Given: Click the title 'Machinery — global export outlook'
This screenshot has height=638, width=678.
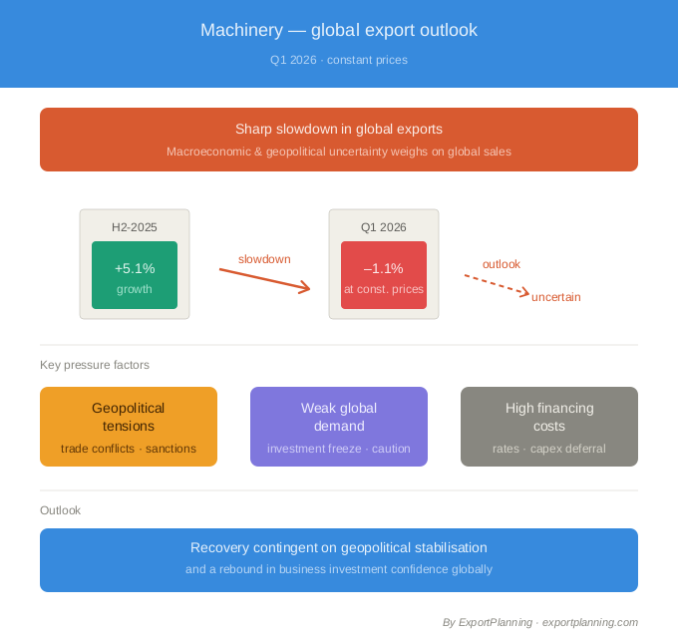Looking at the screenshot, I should pyautogui.click(x=339, y=30).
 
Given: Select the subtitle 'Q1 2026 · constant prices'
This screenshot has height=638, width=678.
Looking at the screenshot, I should pyautogui.click(x=339, y=60).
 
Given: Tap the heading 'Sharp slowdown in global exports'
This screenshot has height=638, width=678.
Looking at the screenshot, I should pyautogui.click(x=339, y=129).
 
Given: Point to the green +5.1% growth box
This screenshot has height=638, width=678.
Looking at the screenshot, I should pyautogui.click(x=135, y=275).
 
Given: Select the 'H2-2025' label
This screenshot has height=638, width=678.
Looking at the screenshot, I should pyautogui.click(x=135, y=227).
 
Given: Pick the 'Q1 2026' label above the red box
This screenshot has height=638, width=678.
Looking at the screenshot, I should pyautogui.click(x=384, y=227).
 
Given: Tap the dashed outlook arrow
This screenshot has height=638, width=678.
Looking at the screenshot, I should pyautogui.click(x=497, y=283).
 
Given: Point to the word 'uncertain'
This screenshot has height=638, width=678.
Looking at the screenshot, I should pyautogui.click(x=555, y=297).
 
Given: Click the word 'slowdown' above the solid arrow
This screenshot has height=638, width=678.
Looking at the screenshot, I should pyautogui.click(x=264, y=259).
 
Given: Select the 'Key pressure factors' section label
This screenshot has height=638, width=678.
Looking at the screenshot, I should pyautogui.click(x=95, y=365).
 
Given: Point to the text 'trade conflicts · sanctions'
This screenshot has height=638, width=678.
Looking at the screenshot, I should pyautogui.click(x=129, y=449).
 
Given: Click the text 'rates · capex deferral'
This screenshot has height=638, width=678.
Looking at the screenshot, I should pyautogui.click(x=549, y=449).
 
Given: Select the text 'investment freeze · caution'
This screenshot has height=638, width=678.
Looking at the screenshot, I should pyautogui.click(x=339, y=449).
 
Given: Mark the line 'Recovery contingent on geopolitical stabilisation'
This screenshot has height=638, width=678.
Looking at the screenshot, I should pyautogui.click(x=339, y=547).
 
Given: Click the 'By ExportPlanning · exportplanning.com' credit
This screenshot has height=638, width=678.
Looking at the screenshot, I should pyautogui.click(x=539, y=622).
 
